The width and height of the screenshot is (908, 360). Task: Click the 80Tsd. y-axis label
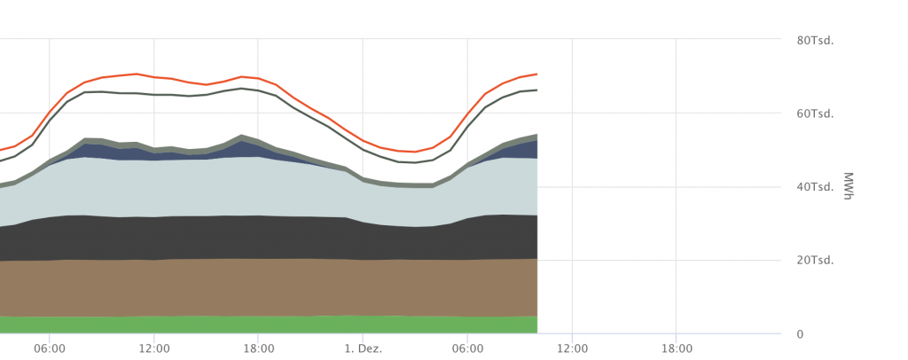point(816,40)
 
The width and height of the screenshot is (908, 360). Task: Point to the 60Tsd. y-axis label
point(816,113)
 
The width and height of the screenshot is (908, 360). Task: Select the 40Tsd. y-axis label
point(816,187)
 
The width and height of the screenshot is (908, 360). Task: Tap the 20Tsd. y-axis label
point(816,261)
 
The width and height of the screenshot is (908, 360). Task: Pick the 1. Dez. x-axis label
point(364,348)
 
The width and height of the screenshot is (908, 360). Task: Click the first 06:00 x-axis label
point(50,348)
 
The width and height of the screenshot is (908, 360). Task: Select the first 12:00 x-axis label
point(154,348)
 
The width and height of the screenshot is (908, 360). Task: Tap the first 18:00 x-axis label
point(258,348)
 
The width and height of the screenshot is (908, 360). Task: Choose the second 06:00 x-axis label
point(467,348)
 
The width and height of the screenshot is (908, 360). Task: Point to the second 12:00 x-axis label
point(572,348)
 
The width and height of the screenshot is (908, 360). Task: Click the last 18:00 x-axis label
point(677,348)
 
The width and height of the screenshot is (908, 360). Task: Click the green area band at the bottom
point(266,325)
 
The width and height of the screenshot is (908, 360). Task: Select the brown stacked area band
point(266,287)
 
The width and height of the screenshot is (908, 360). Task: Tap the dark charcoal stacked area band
point(266,237)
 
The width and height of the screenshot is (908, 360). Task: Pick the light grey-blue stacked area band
point(266,186)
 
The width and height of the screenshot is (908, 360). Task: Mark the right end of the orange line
point(536,74)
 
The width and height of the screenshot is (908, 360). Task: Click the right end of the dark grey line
point(536,90)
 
